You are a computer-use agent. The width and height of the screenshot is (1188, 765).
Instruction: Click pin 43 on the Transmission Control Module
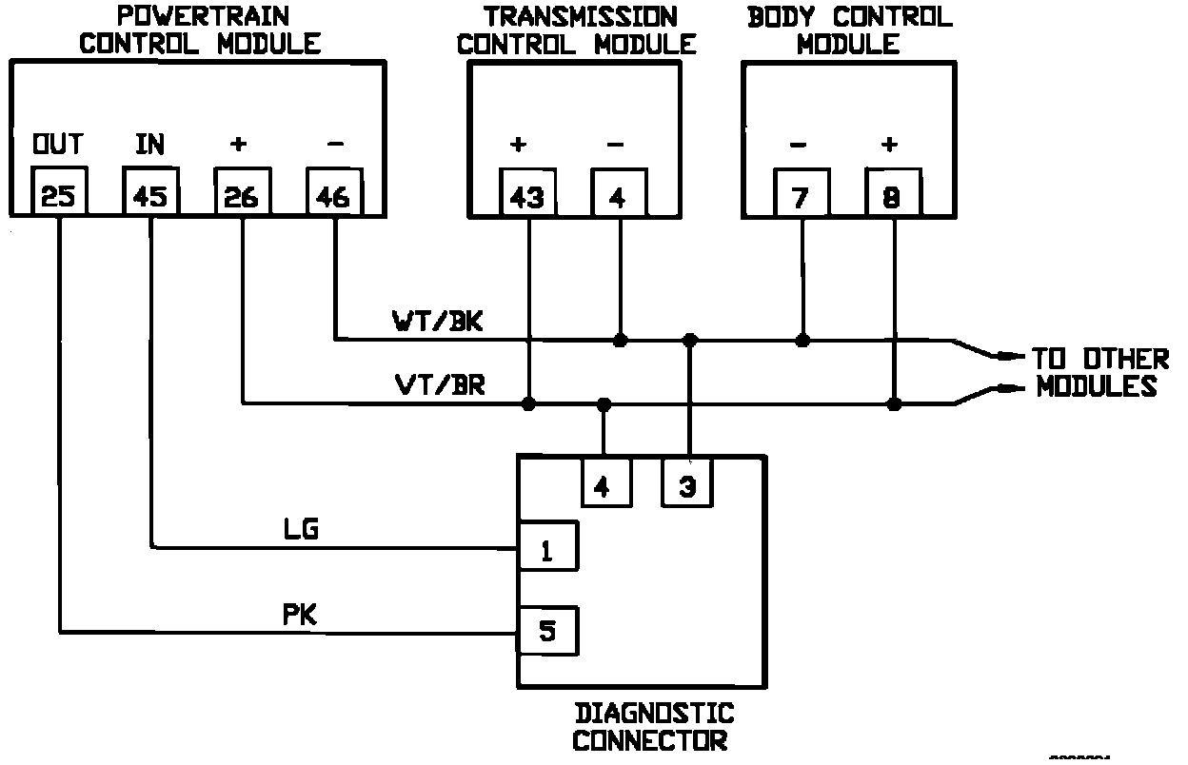[x=527, y=194]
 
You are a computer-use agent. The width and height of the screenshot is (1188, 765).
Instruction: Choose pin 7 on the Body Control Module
[x=801, y=194]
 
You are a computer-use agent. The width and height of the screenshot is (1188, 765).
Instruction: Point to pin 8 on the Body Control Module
[x=892, y=194]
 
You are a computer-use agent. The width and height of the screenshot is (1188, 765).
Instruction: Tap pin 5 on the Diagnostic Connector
[x=546, y=629]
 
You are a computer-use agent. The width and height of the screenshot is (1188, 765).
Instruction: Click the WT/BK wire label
[x=438, y=321]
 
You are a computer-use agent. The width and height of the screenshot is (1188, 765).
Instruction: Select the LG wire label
[x=301, y=529]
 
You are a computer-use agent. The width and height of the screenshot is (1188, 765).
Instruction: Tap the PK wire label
[x=301, y=614]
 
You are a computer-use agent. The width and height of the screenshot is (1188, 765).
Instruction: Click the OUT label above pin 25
[x=58, y=144]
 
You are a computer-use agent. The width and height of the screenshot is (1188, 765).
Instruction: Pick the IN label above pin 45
[x=149, y=144]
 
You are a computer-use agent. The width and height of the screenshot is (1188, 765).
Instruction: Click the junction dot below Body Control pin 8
[x=893, y=404]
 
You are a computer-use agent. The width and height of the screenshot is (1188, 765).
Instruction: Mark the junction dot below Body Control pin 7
[x=802, y=340]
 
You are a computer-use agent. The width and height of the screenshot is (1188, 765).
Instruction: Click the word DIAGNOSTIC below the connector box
[x=654, y=713]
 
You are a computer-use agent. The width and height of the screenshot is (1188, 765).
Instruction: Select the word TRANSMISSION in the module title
[x=581, y=16]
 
